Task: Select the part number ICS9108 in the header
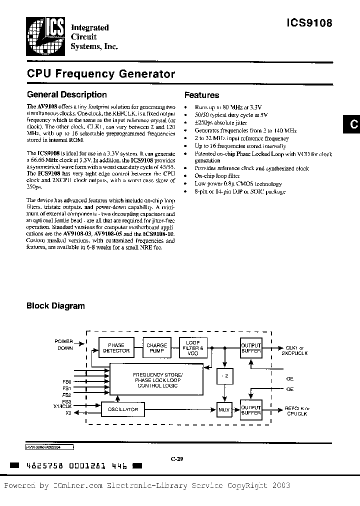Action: pyautogui.click(x=309, y=22)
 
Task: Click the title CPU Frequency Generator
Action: pyautogui.click(x=100, y=74)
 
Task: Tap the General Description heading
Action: pyautogui.click(x=66, y=94)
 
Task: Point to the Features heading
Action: pyautogui.click(x=201, y=95)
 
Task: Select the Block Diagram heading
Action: pyautogui.click(x=55, y=306)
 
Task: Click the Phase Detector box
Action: pyautogui.click(x=116, y=347)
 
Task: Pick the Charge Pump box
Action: pyautogui.click(x=156, y=347)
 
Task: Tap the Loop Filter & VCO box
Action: pyautogui.click(x=192, y=347)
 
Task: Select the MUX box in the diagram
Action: pyautogui.click(x=223, y=409)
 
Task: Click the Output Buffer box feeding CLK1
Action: pyautogui.click(x=251, y=347)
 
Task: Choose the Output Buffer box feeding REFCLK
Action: pyautogui.click(x=251, y=409)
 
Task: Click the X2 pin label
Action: pyautogui.click(x=68, y=413)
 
